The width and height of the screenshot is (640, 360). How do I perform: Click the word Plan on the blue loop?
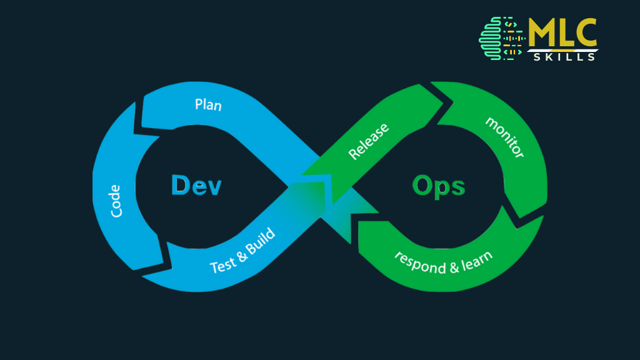208,104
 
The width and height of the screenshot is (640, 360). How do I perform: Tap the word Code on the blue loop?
116,201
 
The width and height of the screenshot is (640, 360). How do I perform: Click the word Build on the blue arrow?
260,240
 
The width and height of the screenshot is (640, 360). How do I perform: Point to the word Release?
368,141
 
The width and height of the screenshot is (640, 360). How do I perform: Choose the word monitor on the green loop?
504,136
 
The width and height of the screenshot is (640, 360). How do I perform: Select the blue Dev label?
196,185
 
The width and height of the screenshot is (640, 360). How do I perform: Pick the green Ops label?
439,185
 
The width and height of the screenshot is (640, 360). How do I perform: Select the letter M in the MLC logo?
541,33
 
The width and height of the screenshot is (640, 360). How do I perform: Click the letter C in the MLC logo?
586,33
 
